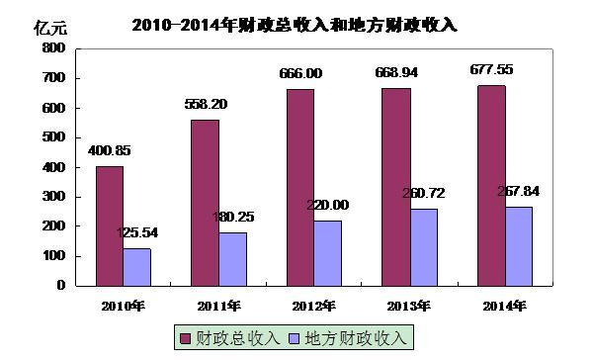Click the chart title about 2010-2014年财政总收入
294,25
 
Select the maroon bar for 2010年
110,225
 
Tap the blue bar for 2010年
137,266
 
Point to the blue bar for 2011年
233,258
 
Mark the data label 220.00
329,206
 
